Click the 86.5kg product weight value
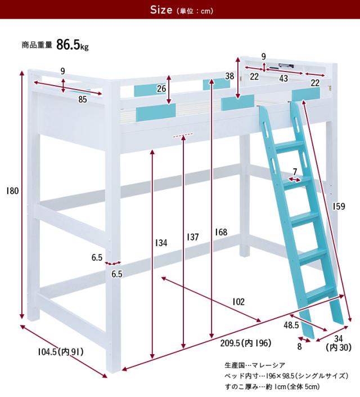(73, 45)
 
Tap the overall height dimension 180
(12, 191)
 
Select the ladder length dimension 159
(339, 206)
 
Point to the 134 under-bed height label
(161, 243)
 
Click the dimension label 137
(193, 237)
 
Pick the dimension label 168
(221, 232)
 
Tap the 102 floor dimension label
(238, 302)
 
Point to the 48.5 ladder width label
(291, 325)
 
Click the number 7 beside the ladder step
(295, 172)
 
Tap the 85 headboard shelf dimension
(83, 100)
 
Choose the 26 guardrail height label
(161, 88)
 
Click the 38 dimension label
(229, 76)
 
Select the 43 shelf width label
(283, 78)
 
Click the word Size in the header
(161, 10)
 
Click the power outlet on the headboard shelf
(286, 66)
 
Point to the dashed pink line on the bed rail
(183, 135)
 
